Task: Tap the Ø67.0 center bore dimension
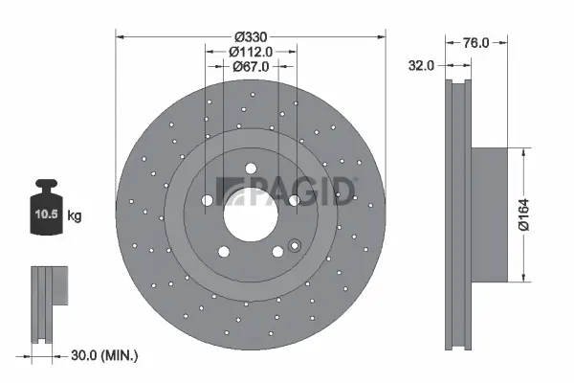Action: [251, 66]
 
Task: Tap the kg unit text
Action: [75, 216]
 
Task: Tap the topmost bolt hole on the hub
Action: [251, 169]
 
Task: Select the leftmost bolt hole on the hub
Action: [207, 199]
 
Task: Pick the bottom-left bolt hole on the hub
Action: [224, 251]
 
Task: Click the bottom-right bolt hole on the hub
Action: [277, 251]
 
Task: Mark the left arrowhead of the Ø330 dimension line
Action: [121, 37]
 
